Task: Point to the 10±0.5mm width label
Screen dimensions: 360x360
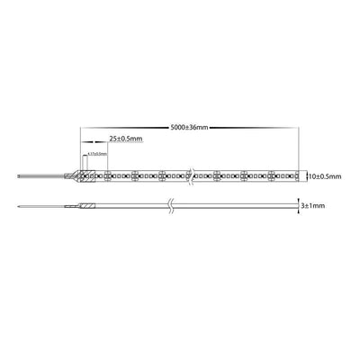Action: pyautogui.click(x=323, y=177)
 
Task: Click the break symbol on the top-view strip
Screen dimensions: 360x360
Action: pyautogui.click(x=191, y=176)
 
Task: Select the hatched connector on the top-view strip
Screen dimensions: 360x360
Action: pyautogui.click(x=87, y=176)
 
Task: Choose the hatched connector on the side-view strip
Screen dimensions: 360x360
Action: pyautogui.click(x=87, y=208)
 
